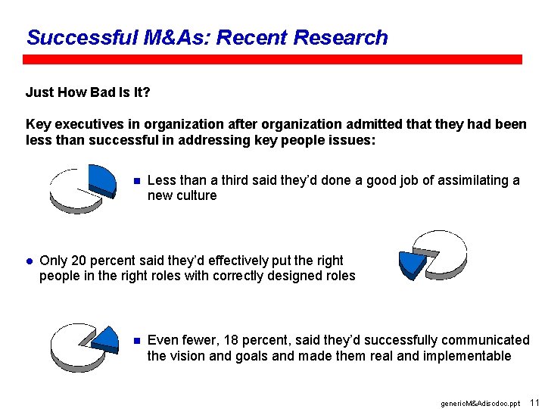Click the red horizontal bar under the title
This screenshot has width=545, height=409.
272,59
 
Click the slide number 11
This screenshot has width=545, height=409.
534,402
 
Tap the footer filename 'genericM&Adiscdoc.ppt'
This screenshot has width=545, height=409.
480,403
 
